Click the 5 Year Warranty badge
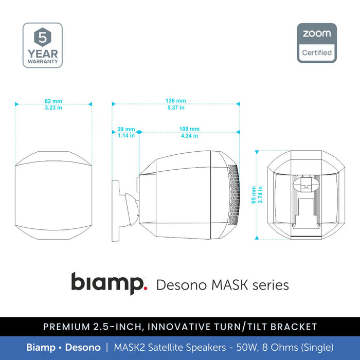[x=43, y=45]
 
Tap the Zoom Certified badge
[x=317, y=43]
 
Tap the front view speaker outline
[x=53, y=196]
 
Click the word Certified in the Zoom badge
[x=317, y=52]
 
